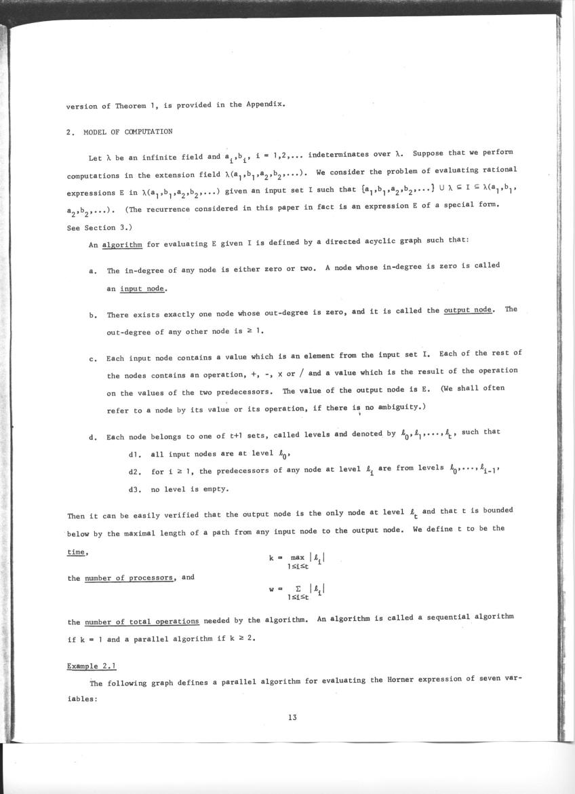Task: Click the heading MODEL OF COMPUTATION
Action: tap(128, 132)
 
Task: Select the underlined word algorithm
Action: tap(121, 246)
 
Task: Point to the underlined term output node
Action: tap(468, 310)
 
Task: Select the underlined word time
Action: tap(77, 552)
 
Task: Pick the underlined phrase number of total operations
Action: tap(142, 622)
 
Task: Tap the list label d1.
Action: tap(134, 454)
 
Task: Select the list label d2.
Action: tap(134, 471)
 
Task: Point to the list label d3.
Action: tap(134, 489)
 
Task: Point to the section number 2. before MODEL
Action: tap(70, 132)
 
